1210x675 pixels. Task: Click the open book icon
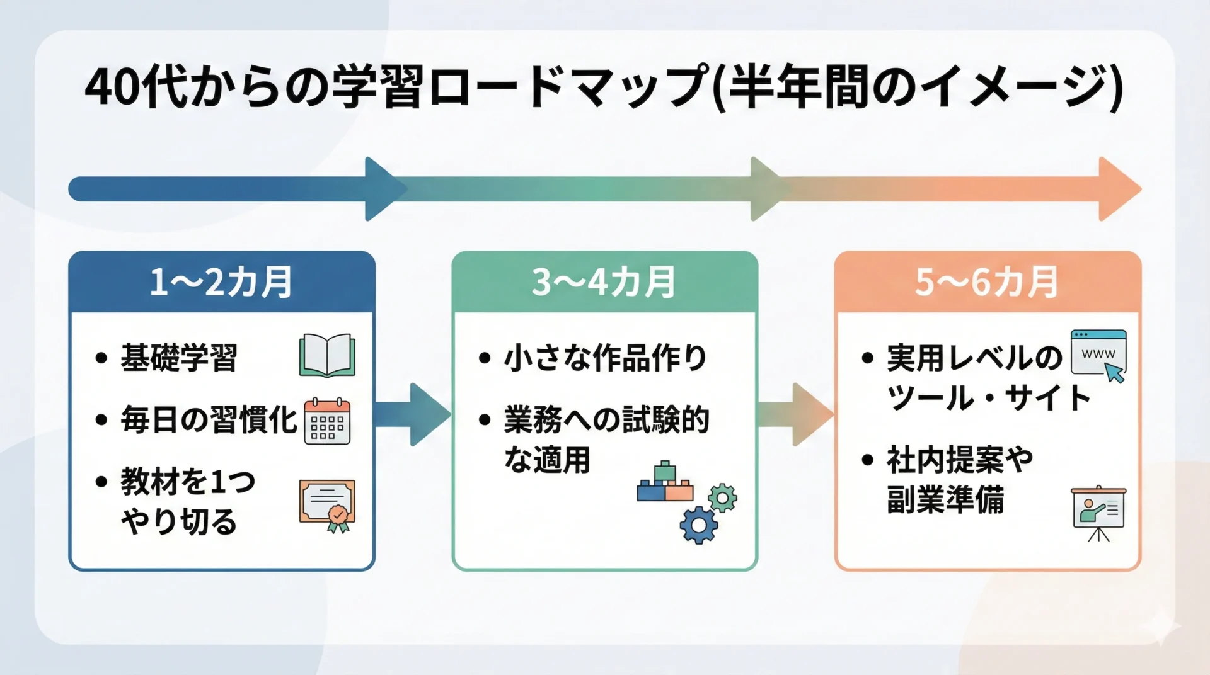click(x=327, y=355)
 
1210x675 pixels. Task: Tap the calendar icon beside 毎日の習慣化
click(x=327, y=421)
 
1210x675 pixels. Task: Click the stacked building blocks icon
click(x=665, y=483)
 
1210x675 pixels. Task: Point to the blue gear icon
click(x=698, y=525)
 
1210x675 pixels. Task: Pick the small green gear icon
click(x=722, y=499)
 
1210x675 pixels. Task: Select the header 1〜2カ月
click(x=221, y=281)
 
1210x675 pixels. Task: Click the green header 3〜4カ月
click(x=604, y=281)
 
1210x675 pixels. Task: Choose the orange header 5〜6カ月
click(x=987, y=281)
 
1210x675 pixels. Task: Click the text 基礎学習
click(x=179, y=358)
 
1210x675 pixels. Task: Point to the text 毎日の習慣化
click(x=209, y=420)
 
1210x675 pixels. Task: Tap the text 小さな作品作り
click(x=605, y=358)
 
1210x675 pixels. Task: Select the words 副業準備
click(x=945, y=501)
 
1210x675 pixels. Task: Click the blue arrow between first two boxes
click(x=413, y=414)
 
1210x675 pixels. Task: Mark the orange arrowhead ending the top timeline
click(x=1118, y=189)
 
